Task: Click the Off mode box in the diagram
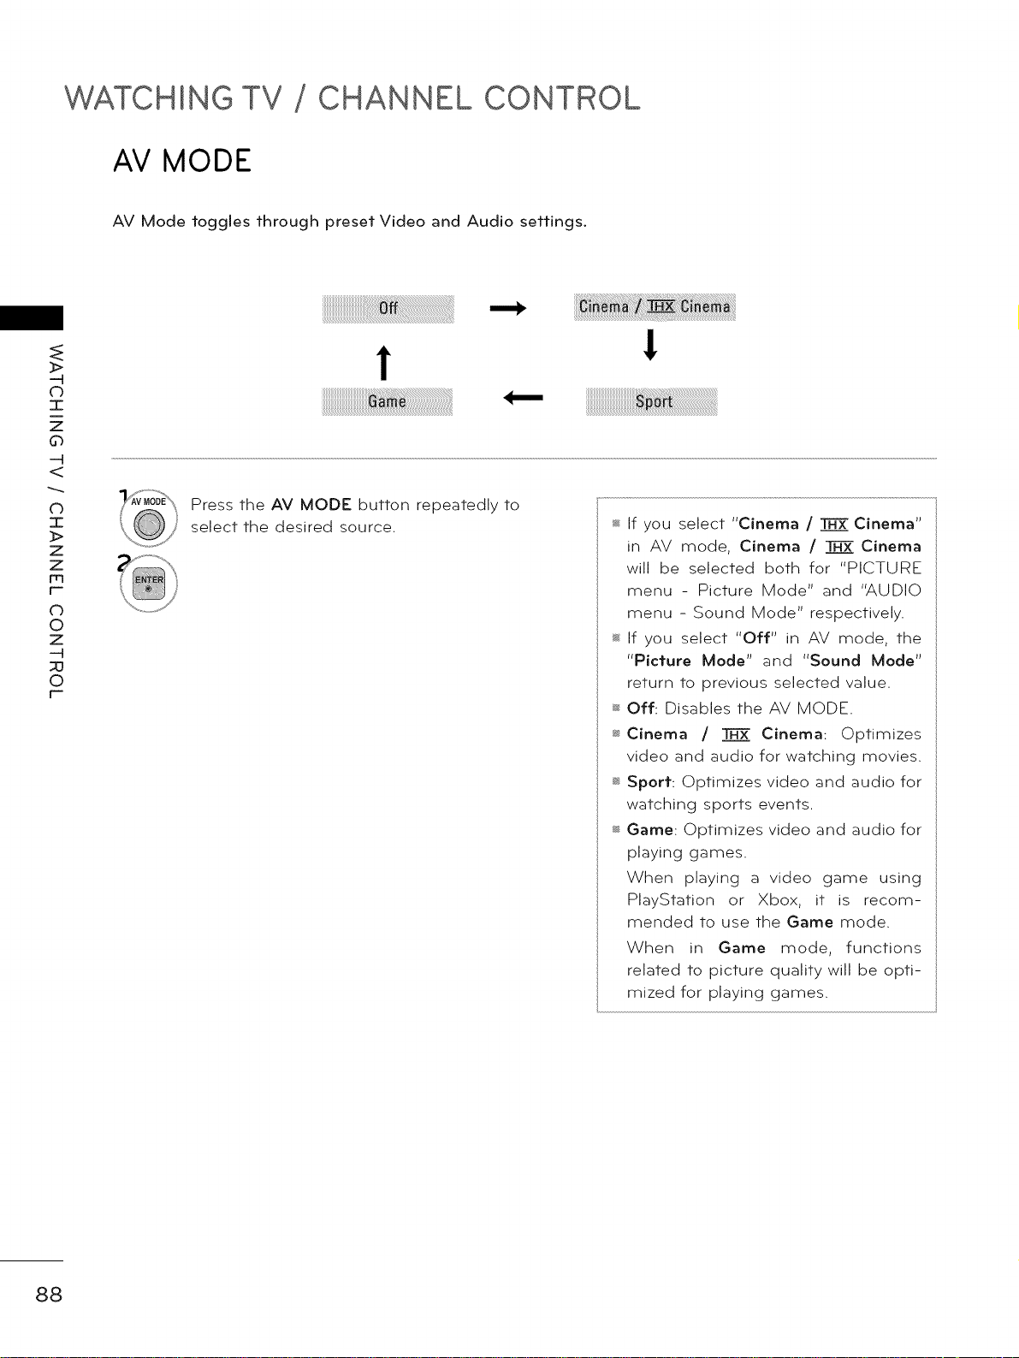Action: click(x=388, y=308)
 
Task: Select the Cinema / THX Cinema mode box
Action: click(x=655, y=307)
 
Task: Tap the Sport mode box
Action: click(x=653, y=401)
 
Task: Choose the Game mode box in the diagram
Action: click(x=387, y=401)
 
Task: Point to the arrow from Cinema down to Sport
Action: click(x=652, y=346)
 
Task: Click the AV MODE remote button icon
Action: click(x=151, y=522)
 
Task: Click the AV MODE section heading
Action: click(x=181, y=161)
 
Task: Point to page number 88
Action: click(x=49, y=1294)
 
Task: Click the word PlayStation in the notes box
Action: click(x=670, y=900)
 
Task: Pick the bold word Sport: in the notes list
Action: click(x=649, y=782)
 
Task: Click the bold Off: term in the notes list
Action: click(x=642, y=709)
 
